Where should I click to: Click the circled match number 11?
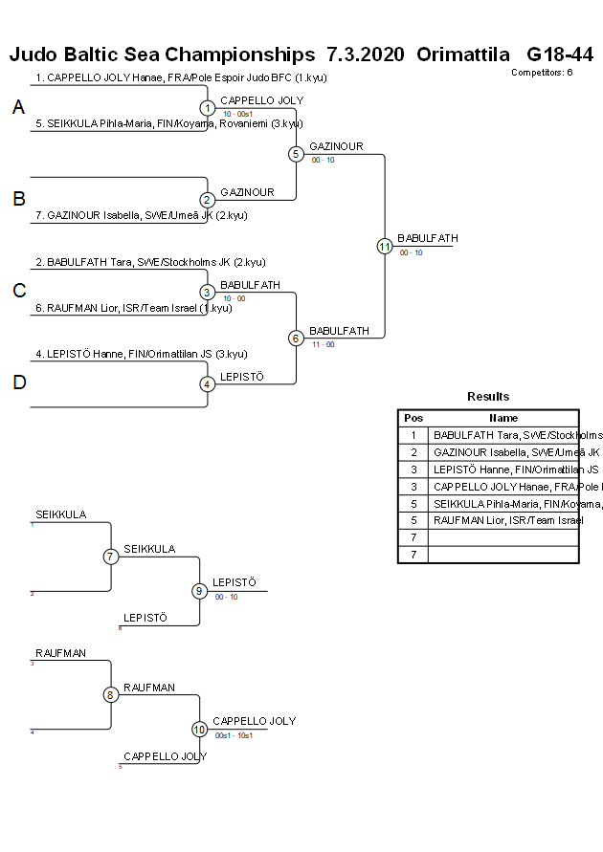385,246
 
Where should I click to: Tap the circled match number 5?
296,153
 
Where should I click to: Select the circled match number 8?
111,695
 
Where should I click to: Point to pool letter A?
18,108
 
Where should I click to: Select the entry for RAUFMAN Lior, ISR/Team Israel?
133,308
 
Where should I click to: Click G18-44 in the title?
560,55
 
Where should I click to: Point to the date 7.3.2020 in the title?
365,55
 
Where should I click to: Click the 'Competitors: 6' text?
541,72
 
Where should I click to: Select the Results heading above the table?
488,397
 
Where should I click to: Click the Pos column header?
413,418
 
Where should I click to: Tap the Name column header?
503,418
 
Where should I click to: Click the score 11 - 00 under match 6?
323,344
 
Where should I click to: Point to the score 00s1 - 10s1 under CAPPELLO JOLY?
233,734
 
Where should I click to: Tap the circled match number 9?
199,591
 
